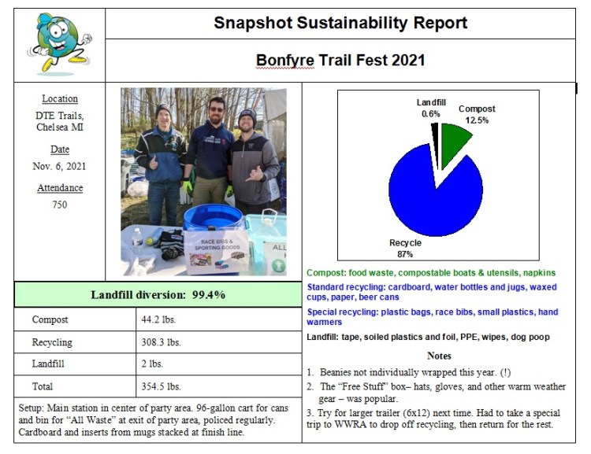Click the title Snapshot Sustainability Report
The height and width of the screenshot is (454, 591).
point(340,23)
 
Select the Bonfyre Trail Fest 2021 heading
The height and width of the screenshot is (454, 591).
point(340,61)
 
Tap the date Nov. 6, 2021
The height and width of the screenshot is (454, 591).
point(60,166)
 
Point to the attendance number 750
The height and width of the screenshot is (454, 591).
point(60,205)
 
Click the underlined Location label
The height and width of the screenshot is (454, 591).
point(60,99)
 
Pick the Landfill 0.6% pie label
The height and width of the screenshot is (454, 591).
point(430,108)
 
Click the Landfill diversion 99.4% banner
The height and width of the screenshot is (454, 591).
point(158,294)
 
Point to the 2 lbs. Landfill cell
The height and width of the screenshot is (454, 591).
point(153,364)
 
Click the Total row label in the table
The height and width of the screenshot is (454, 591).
point(43,386)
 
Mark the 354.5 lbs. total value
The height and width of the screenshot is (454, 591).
point(162,386)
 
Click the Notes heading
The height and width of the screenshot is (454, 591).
point(438,356)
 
